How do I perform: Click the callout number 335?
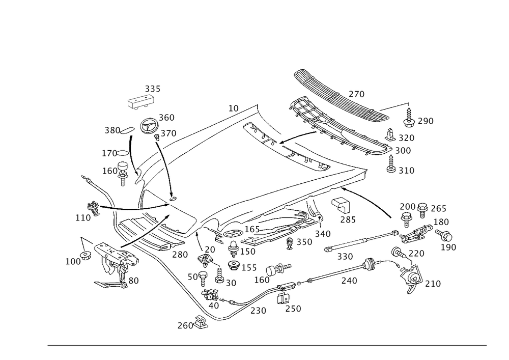point(152,90)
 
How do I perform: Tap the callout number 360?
point(166,118)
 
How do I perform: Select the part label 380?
point(112,130)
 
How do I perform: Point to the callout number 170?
point(109,153)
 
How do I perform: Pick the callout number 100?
point(73,262)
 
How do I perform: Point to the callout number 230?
point(259,310)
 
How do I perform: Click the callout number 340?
point(323,234)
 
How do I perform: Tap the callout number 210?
point(432,284)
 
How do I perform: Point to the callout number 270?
point(356,94)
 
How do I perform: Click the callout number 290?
point(425,121)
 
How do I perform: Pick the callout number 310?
point(406,171)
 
